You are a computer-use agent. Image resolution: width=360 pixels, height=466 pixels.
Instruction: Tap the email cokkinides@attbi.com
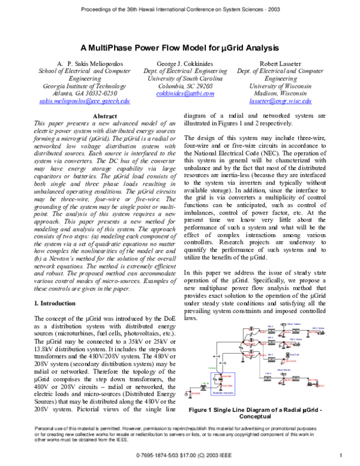[180, 94]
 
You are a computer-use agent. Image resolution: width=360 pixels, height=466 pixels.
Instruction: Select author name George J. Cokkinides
[180, 62]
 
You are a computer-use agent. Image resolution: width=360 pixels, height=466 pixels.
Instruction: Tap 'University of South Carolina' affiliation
[180, 78]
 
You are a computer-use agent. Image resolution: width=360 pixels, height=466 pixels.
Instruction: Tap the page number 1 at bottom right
[341, 455]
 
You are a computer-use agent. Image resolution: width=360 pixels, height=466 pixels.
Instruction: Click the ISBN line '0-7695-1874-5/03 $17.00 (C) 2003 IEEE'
[180, 455]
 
